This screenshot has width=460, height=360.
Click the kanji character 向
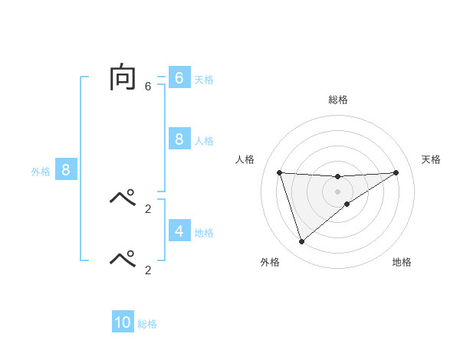click(x=123, y=77)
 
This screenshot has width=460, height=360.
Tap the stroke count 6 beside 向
click(x=148, y=86)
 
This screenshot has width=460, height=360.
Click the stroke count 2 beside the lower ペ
click(x=148, y=270)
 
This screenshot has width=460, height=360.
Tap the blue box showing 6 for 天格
click(x=179, y=78)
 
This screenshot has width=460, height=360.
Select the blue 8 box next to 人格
click(x=179, y=139)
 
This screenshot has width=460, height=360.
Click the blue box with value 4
click(x=179, y=231)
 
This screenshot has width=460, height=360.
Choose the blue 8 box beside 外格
click(x=66, y=170)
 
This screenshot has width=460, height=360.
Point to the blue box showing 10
click(x=123, y=322)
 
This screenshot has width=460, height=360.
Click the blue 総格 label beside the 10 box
click(x=147, y=324)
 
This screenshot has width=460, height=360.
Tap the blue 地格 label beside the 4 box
click(x=204, y=233)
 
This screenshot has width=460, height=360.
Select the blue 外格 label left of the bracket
click(x=41, y=172)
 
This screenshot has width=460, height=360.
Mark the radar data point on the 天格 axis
click(x=396, y=172)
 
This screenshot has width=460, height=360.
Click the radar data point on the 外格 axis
click(x=301, y=241)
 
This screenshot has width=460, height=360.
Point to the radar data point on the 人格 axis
click(x=279, y=172)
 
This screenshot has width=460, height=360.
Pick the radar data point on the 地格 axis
click(x=347, y=204)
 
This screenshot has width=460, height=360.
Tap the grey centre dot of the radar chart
click(x=337, y=191)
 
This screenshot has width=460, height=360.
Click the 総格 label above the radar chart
click(x=338, y=100)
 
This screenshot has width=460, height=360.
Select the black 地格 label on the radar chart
click(x=402, y=262)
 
